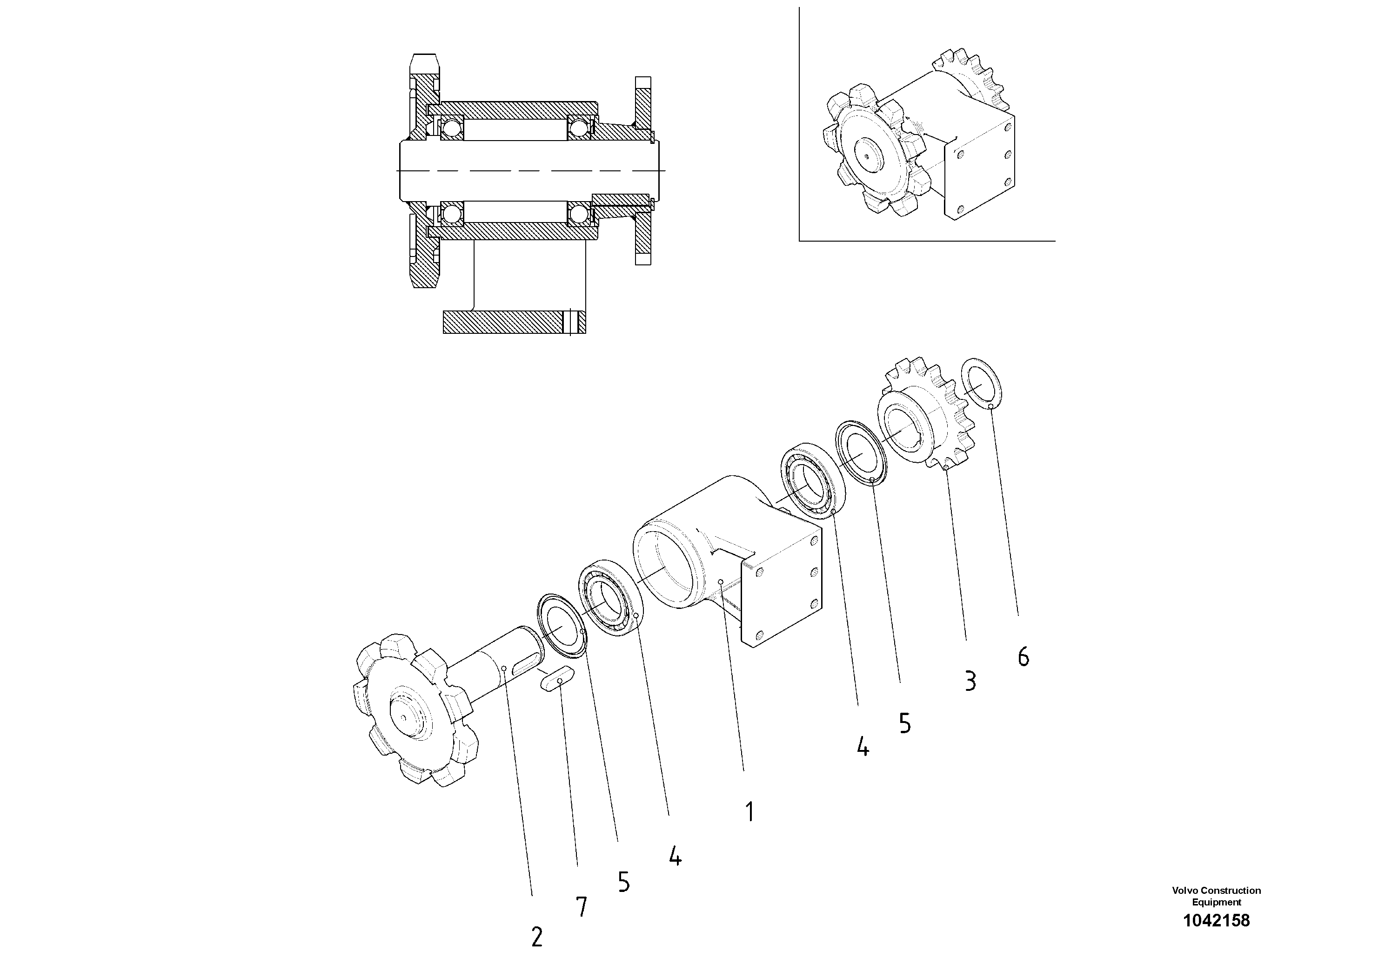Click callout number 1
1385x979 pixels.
tap(749, 812)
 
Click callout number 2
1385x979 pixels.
tap(536, 937)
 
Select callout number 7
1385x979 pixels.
tap(582, 907)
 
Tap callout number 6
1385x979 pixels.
tap(1023, 657)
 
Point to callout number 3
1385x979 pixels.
tap(970, 681)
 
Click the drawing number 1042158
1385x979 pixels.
tap(1216, 920)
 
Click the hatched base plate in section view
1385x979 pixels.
tap(513, 322)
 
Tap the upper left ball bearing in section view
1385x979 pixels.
tap(451, 128)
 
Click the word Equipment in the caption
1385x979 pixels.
tap(1216, 902)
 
